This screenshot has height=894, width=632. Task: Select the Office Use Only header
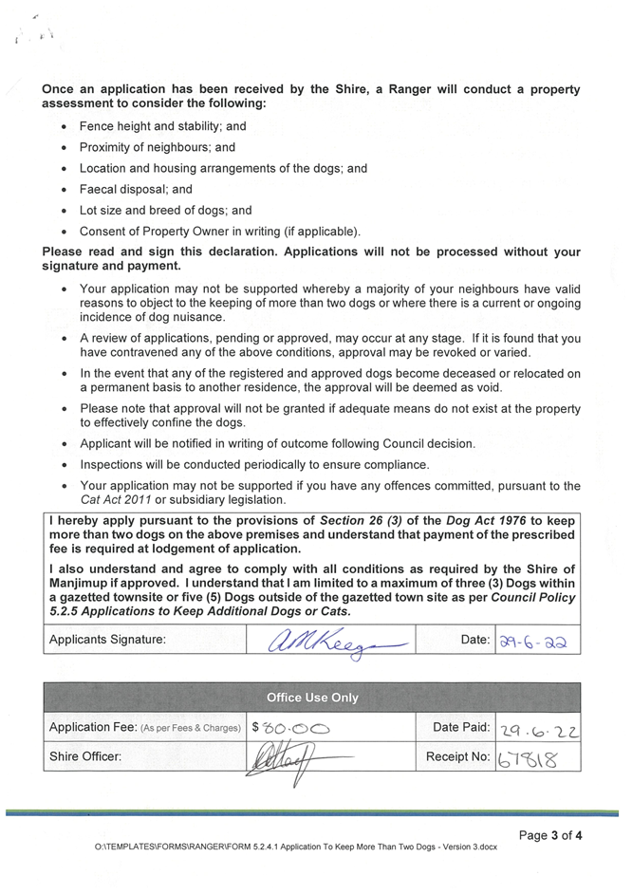[312, 698]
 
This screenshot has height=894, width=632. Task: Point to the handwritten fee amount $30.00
[290, 728]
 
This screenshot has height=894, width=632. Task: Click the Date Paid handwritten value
[538, 728]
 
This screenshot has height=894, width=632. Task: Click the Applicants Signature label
[107, 640]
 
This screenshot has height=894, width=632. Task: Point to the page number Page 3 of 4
[550, 835]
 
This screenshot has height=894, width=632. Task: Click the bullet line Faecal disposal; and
[136, 190]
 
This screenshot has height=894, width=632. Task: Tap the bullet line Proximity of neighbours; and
[158, 148]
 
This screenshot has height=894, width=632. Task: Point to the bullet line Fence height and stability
[162, 126]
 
